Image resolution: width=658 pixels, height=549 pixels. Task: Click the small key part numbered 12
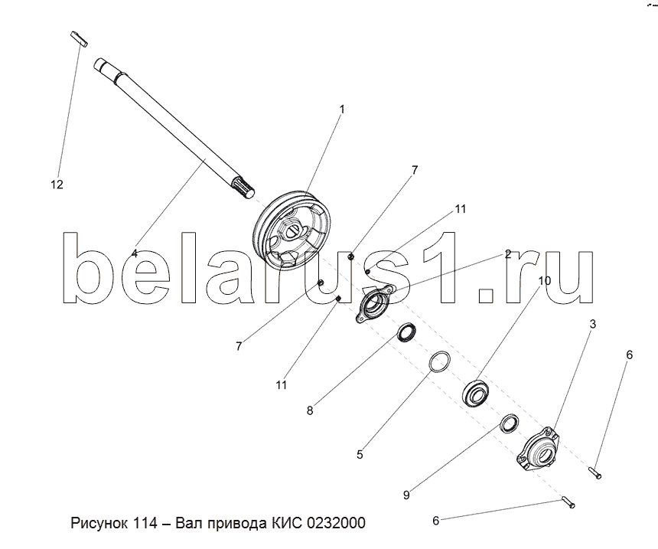pos(79,38)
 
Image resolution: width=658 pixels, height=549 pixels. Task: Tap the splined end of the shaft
pos(243,188)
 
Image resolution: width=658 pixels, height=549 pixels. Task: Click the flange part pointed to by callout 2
pos(374,304)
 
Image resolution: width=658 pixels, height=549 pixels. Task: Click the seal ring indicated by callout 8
pos(407,332)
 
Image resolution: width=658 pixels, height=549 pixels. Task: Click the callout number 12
pos(57,185)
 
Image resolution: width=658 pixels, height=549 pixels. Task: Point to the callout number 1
pos(341,109)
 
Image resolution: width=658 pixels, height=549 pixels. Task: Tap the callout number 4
pos(135,253)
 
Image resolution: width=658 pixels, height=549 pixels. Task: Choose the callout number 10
pos(544,280)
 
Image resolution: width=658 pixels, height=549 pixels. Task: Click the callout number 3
pos(592,324)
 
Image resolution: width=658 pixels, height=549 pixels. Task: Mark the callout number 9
pos(406,495)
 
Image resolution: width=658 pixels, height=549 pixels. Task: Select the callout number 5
pos(360,455)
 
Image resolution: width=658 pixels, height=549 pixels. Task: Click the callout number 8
pos(310,410)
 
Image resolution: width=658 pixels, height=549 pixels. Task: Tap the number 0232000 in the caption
pos(336,523)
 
